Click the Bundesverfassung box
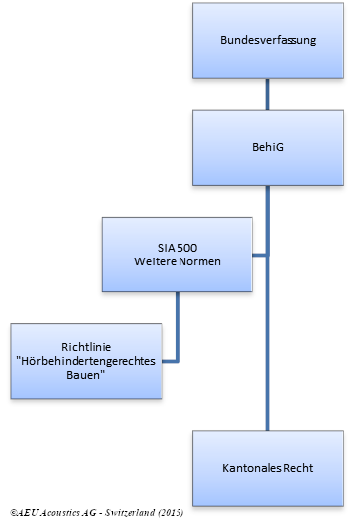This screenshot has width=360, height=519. pyautogui.click(x=267, y=41)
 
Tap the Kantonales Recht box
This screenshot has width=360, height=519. pyautogui.click(x=267, y=466)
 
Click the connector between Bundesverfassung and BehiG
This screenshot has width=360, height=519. pyautogui.click(x=267, y=93)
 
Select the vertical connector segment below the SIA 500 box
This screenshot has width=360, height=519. pyautogui.click(x=179, y=324)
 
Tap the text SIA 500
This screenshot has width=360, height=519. pyautogui.click(x=179, y=247)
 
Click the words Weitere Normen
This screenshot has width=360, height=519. pyautogui.click(x=179, y=261)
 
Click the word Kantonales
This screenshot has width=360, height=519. pyautogui.click(x=251, y=467)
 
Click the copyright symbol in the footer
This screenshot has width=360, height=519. pyautogui.click(x=6, y=510)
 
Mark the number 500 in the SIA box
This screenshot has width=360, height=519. pyautogui.click(x=189, y=247)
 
